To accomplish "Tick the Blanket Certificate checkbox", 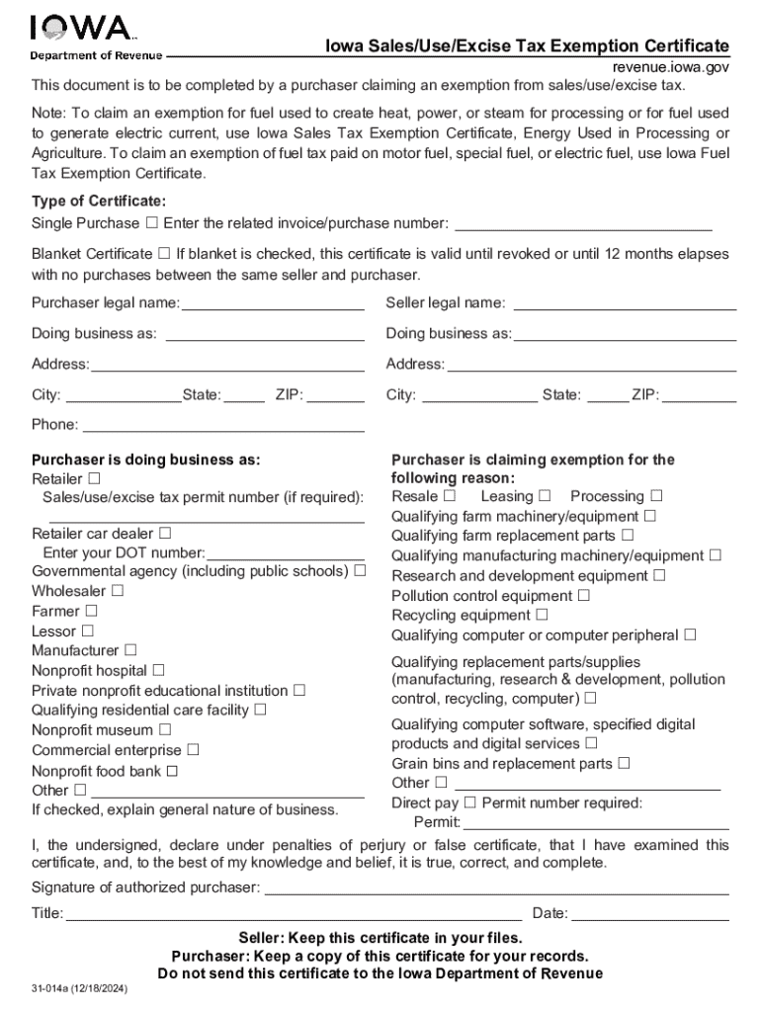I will (164, 254).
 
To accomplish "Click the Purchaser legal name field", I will (273, 302).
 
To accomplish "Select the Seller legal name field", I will (625, 302).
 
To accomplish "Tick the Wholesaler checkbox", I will (118, 591).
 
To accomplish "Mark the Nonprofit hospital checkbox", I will (158, 670).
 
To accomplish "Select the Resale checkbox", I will (450, 496).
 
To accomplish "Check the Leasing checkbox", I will (545, 496).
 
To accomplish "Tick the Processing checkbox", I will (656, 496).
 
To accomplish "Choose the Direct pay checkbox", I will (470, 802).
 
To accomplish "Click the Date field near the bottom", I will (649, 913).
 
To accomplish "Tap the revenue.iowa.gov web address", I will (670, 67).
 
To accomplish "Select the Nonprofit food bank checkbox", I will (172, 771).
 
